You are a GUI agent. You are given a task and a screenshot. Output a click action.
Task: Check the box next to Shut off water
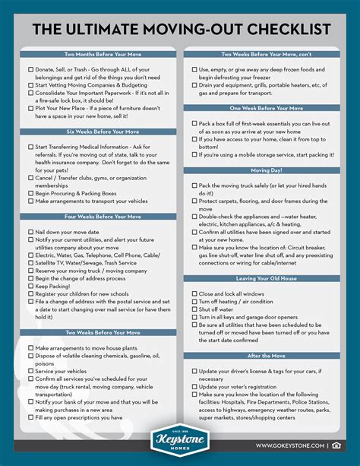click(x=194, y=309)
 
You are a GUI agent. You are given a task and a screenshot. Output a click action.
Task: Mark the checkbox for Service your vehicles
click(x=30, y=371)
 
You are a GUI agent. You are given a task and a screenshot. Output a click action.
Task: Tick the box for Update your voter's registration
click(x=194, y=386)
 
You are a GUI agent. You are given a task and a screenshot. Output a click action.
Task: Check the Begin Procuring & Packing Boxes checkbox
click(x=30, y=193)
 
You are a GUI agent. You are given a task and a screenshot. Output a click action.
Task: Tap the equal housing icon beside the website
click(x=336, y=445)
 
